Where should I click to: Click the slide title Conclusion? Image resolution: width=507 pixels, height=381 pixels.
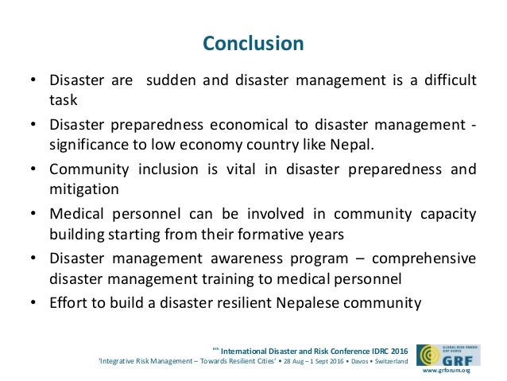pos(253,43)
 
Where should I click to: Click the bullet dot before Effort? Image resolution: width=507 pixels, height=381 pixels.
pos(33,304)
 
